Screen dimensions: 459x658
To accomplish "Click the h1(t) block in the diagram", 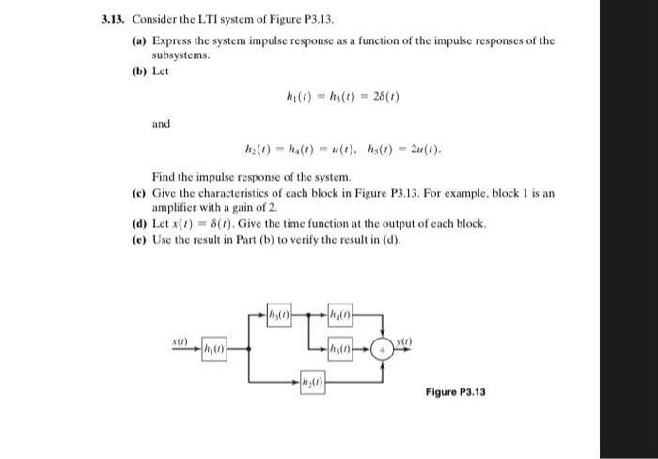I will (x=214, y=351).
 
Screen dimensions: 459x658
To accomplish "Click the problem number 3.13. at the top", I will (x=115, y=20).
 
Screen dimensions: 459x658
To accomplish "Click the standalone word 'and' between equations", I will (x=161, y=123).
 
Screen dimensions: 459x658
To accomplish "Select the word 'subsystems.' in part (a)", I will (x=179, y=55).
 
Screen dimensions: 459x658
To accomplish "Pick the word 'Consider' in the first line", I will (x=157, y=20).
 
